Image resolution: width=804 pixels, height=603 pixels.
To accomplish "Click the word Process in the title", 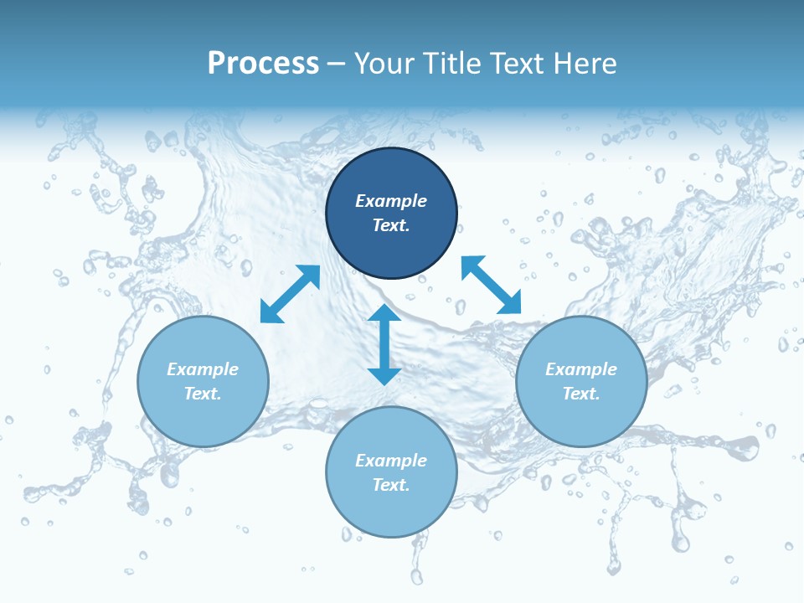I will coord(263,64).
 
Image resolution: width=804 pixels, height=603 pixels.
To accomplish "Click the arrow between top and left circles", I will coord(290,294).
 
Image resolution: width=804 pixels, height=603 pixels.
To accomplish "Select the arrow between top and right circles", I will coord(492,286).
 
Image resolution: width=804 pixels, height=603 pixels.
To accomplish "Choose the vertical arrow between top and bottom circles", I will coord(384,344).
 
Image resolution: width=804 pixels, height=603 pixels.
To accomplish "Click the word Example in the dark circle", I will coord(391,201).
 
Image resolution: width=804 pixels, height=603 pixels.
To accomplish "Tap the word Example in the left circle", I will coord(203,369).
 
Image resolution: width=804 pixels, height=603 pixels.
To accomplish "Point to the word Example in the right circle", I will coord(581,369).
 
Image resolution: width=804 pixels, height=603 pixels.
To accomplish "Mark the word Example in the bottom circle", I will coord(391,461).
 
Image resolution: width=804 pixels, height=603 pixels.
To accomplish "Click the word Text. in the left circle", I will coord(203,394).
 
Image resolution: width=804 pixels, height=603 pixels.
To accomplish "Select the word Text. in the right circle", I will coord(581,394).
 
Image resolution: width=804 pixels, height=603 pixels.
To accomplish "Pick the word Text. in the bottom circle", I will coord(391,485).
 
